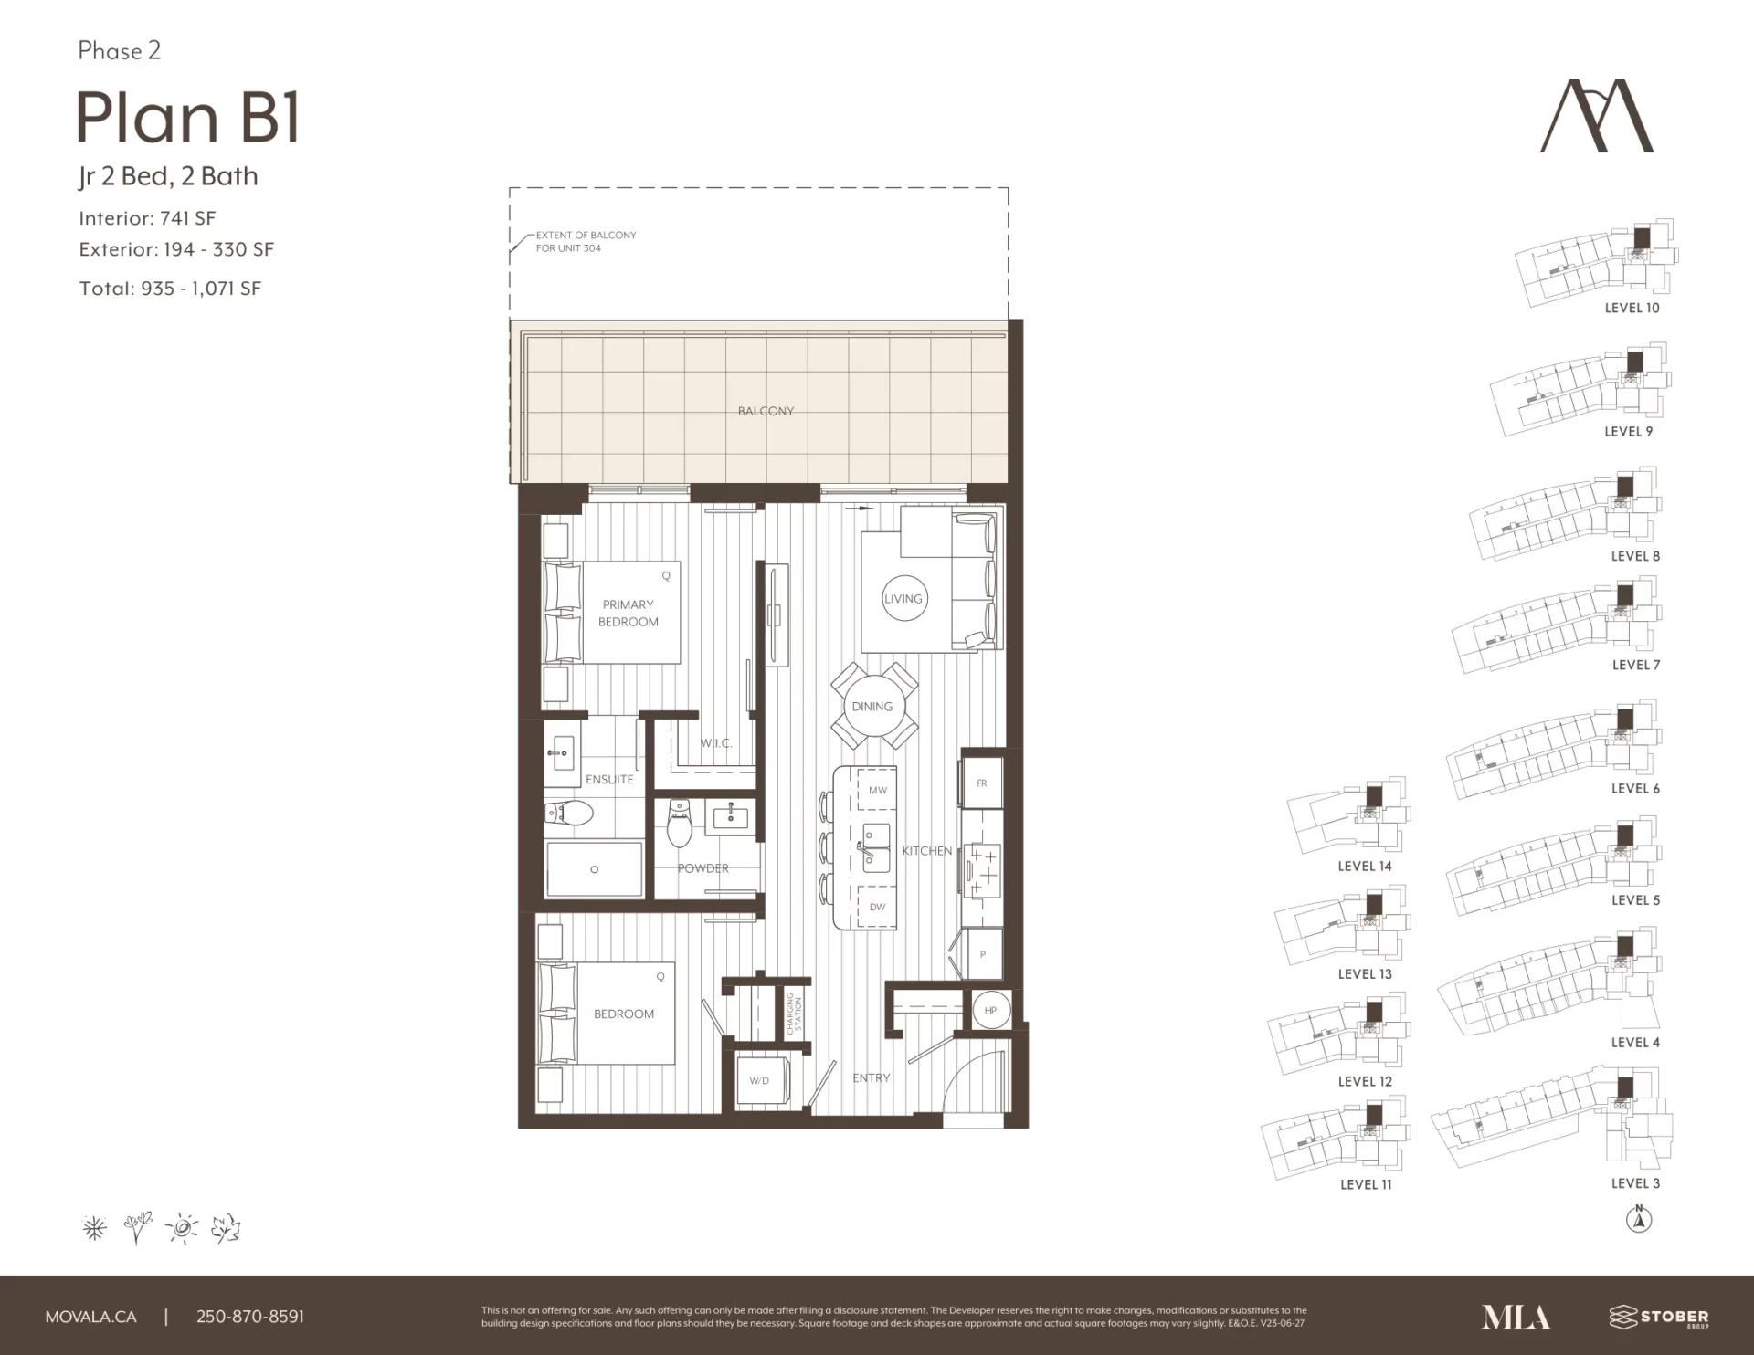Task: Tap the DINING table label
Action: click(872, 707)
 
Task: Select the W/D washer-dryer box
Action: click(759, 1080)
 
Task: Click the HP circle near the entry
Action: click(990, 1011)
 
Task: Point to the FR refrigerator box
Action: click(982, 783)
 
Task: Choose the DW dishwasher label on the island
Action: click(877, 907)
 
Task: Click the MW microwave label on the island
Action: click(877, 790)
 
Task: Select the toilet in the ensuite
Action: click(569, 813)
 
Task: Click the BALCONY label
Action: click(766, 412)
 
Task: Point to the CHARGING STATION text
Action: click(794, 1012)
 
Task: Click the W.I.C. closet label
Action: click(716, 743)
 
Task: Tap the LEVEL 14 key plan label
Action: click(1365, 867)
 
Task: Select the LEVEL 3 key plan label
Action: click(1635, 1183)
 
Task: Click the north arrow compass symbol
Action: click(1639, 1219)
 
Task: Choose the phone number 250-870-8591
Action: click(250, 1317)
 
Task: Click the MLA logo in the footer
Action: click(1516, 1317)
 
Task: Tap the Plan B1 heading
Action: click(188, 118)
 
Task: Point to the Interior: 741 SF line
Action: click(147, 218)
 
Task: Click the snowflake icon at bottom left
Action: click(95, 1228)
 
